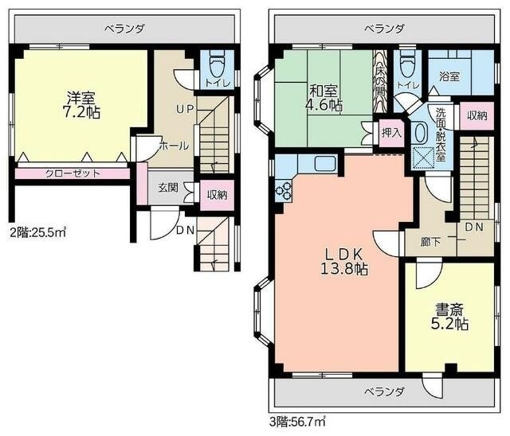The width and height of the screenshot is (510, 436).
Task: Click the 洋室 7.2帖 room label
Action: [81, 105]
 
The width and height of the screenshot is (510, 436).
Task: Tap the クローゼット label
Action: [73, 173]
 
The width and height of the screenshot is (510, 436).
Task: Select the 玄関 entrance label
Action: [168, 188]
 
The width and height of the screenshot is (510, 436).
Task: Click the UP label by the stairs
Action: [185, 109]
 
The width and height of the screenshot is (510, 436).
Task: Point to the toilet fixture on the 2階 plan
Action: [216, 67]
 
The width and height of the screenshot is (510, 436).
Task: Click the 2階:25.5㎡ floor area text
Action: [38, 232]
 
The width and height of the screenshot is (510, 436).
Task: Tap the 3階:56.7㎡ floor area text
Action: [297, 422]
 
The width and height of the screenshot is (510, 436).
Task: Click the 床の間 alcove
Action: [380, 81]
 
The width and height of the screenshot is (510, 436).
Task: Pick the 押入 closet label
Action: [391, 132]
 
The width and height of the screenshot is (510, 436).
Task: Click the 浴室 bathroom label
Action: [449, 76]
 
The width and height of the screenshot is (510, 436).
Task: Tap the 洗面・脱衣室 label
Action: [441, 134]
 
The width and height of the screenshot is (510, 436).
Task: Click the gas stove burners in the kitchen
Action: [284, 192]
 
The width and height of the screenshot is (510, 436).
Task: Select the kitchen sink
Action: [325, 163]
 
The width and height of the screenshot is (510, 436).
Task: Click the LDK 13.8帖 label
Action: [344, 262]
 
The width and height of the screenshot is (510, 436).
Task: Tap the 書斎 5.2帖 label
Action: [449, 317]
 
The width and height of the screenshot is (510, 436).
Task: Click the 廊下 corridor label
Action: [430, 242]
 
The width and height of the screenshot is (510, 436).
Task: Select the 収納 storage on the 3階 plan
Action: [477, 115]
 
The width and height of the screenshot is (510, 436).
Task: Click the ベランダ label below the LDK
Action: [384, 392]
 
